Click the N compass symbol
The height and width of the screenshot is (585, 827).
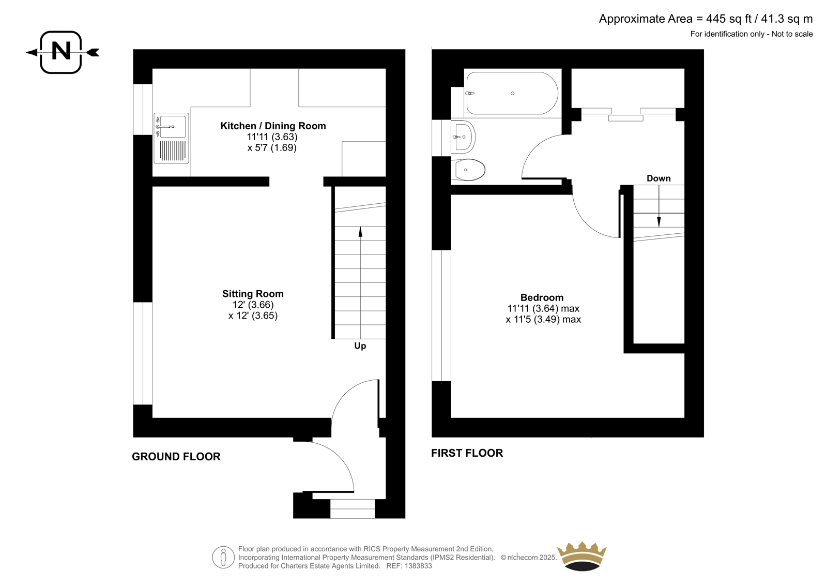coord(62,52)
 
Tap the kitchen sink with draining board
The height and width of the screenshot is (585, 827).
coord(171,138)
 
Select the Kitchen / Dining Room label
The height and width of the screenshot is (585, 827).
coord(273,126)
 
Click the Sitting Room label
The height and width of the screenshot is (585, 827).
coord(253,294)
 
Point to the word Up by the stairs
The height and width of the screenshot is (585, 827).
coord(360,346)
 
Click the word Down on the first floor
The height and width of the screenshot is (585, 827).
coord(658,178)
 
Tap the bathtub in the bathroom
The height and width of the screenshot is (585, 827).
coord(512,93)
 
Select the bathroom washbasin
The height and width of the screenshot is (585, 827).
coord(463,137)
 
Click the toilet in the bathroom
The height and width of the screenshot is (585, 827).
coord(468,170)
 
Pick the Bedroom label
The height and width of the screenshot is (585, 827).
coord(542,297)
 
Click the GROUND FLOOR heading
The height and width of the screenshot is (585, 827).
coord(176,457)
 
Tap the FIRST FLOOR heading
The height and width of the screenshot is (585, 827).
coord(467,453)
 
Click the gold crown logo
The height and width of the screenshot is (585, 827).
coord(582,556)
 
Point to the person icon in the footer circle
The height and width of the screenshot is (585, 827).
coord(223,557)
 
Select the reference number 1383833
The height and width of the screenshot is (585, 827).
coord(418,566)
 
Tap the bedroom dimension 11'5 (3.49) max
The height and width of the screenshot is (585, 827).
coord(543,319)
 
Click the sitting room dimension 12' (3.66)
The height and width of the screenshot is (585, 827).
coord(253,305)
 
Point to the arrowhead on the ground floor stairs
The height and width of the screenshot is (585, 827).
coord(360,231)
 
